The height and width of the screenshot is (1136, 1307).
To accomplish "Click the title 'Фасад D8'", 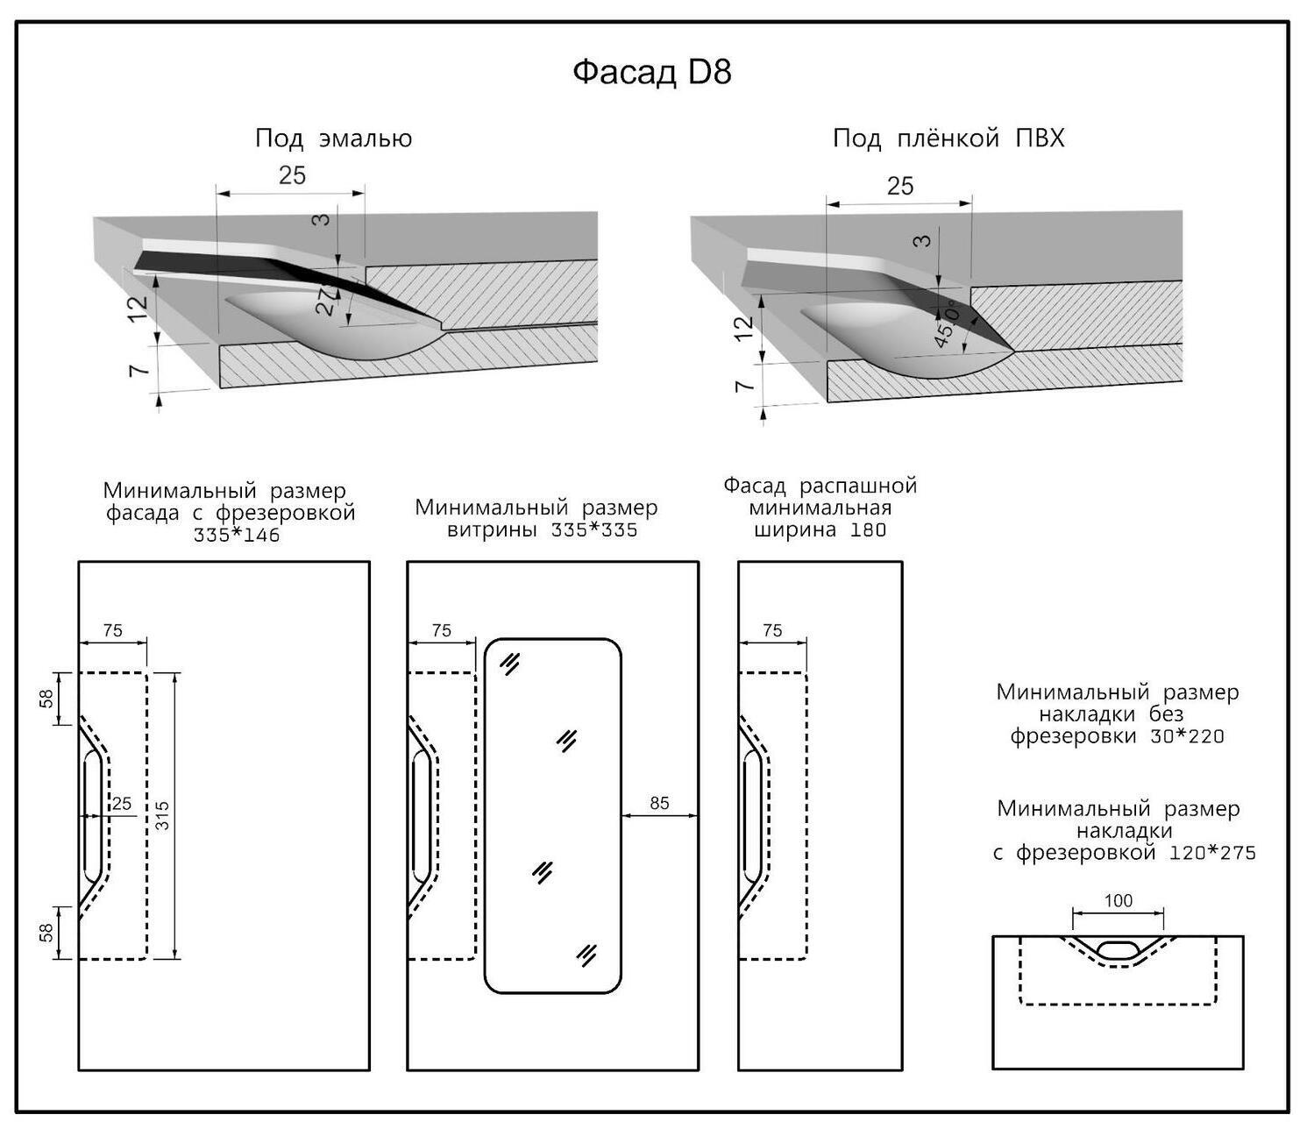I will click(x=651, y=72).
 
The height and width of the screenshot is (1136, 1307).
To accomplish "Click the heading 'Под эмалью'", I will click(x=333, y=138).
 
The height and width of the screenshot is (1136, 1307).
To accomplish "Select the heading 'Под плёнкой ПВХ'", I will click(x=948, y=138).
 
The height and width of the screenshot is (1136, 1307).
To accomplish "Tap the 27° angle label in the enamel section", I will click(x=326, y=300).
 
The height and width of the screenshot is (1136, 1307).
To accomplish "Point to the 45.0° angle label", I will click(x=948, y=323).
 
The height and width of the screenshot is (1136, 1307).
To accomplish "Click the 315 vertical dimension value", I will click(x=163, y=815).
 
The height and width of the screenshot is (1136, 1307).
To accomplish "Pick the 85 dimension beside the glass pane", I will click(x=659, y=803).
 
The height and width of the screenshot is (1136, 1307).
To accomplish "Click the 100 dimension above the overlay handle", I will click(x=1118, y=900).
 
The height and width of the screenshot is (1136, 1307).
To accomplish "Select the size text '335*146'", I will click(x=237, y=535).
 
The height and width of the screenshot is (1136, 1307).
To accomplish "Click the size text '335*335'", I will click(x=594, y=530).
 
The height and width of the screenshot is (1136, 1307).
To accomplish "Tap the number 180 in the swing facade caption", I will click(x=868, y=529).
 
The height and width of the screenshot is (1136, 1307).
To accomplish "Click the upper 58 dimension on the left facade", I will click(x=47, y=698).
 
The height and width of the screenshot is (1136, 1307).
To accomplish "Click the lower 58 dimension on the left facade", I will click(x=47, y=932).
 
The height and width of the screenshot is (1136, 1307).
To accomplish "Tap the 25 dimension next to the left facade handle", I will click(x=121, y=804).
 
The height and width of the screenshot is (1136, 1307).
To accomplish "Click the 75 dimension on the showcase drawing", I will click(x=442, y=630).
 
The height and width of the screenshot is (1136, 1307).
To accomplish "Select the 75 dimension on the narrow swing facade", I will click(x=772, y=630).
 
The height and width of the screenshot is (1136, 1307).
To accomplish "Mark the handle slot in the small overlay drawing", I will click(x=1118, y=948).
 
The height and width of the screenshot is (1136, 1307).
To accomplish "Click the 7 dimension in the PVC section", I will click(x=744, y=386).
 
